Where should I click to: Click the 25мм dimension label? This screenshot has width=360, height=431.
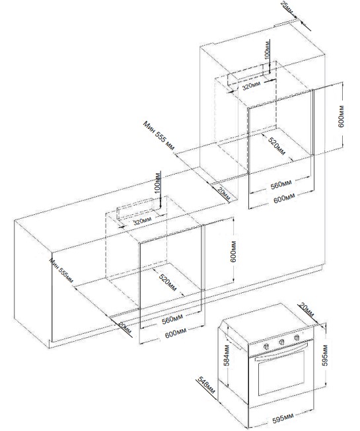pos(287,7)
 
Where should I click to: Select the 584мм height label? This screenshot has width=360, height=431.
pos(227,356)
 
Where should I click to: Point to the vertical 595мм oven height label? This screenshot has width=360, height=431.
pos(325,356)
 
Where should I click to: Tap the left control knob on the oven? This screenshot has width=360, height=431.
pos(266,346)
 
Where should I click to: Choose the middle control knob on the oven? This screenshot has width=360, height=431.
pos(281,342)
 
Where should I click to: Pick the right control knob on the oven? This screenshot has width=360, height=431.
pos(297,338)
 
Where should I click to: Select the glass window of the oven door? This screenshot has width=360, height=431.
pos(281,373)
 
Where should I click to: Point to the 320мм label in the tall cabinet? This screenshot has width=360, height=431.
pos(251,86)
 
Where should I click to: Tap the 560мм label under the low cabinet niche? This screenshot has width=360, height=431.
pos(172,319)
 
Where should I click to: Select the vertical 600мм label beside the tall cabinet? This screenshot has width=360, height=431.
pos(340,116)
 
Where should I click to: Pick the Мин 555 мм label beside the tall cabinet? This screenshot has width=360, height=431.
pos(159,136)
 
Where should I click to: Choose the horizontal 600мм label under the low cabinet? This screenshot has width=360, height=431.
pos(176,332)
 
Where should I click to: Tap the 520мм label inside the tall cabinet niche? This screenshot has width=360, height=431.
pos(277,146)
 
